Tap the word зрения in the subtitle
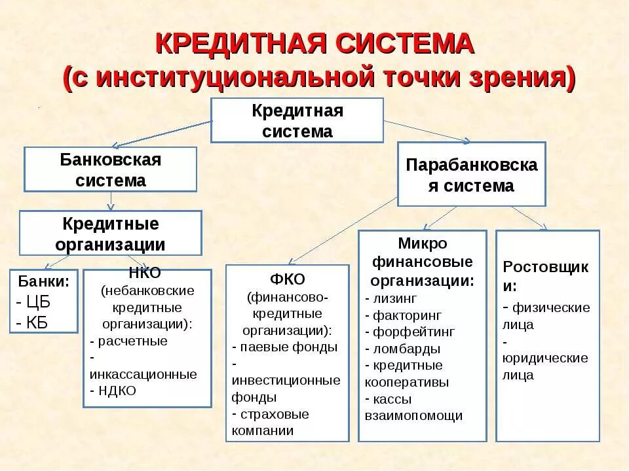click(x=522, y=77)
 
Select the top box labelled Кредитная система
click(x=297, y=120)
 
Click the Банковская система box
click(x=110, y=169)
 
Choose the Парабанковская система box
click(x=471, y=175)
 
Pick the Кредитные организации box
click(x=110, y=234)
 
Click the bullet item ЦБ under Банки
click(x=37, y=302)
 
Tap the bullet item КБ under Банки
click(x=36, y=322)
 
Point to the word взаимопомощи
click(x=413, y=415)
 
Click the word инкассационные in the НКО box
click(x=143, y=374)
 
